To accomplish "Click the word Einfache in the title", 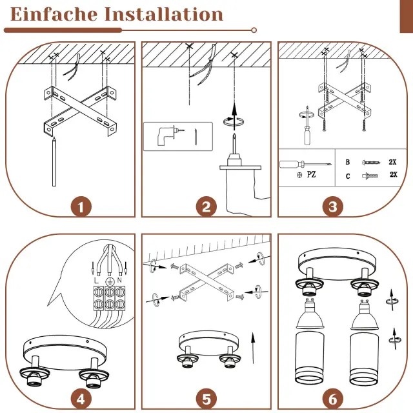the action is [54, 14].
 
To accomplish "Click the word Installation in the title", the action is [164, 14].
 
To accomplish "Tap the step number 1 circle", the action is [81, 206].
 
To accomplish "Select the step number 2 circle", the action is [206, 206].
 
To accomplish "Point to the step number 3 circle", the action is [333, 206].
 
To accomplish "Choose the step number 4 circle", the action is [81, 399].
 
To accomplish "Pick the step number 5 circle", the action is [206, 399].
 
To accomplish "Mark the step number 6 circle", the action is [333, 399].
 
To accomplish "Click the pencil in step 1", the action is [54, 161].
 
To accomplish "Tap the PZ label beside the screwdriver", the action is [311, 174].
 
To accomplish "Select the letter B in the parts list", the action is [348, 162].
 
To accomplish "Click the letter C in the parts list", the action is [348, 176].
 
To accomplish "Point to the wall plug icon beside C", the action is [370, 176].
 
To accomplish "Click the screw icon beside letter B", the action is [372, 163].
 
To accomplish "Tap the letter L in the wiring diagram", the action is [96, 280].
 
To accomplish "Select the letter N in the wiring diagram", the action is [119, 280].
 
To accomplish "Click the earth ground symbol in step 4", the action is [109, 281].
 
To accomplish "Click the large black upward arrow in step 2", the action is [234, 117].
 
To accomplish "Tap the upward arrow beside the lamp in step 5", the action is [253, 348].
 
